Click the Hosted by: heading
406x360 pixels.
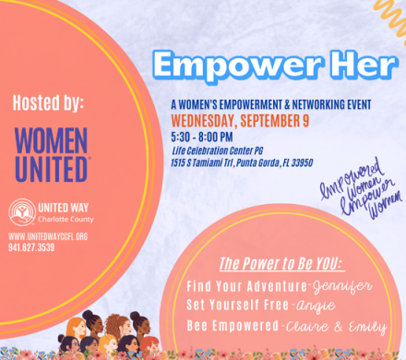click(x=48, y=102)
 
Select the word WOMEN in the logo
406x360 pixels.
click(x=52, y=140)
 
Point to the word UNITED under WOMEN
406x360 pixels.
click(x=52, y=169)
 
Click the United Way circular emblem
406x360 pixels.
click(x=22, y=212)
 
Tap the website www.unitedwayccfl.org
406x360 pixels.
click(x=48, y=236)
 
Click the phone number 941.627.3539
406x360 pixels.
click(x=31, y=247)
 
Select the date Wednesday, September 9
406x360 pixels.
click(x=240, y=121)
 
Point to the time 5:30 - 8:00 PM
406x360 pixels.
click(x=202, y=137)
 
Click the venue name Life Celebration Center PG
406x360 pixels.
click(x=217, y=150)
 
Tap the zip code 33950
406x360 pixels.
click(x=302, y=162)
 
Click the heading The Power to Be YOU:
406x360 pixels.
click(x=282, y=264)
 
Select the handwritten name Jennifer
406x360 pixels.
click(x=342, y=287)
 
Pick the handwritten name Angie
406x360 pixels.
click(x=315, y=306)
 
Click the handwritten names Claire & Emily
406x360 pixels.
click(x=336, y=327)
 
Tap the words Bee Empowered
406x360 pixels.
click(x=233, y=326)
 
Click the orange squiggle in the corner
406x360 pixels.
click(x=391, y=18)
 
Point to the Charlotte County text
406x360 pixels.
click(x=66, y=219)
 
